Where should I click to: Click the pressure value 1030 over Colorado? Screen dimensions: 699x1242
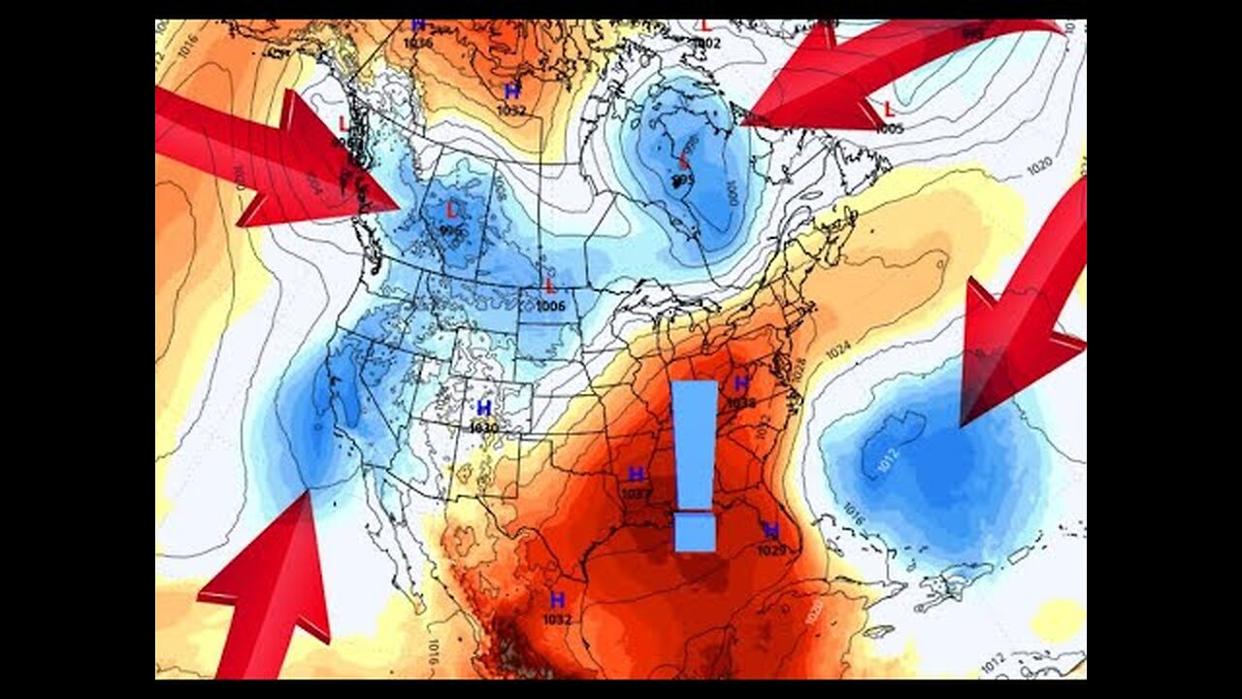[483, 427]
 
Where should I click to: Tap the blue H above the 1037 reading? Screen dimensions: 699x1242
[637, 475]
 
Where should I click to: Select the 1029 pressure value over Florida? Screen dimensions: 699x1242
[772, 550]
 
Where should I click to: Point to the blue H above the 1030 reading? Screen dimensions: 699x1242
[483, 409]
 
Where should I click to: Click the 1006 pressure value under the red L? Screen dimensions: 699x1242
[550, 306]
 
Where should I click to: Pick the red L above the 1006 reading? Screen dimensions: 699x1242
[550, 286]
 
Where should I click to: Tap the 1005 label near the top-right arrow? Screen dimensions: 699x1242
[889, 128]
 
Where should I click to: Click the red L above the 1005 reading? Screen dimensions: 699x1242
[889, 109]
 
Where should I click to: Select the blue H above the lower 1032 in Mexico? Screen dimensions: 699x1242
[558, 600]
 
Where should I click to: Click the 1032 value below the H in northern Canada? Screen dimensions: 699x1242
[511, 111]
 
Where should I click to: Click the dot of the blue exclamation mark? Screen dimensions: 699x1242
[695, 533]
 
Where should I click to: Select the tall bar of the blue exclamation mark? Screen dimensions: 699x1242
[695, 442]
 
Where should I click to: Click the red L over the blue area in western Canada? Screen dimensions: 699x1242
[451, 210]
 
